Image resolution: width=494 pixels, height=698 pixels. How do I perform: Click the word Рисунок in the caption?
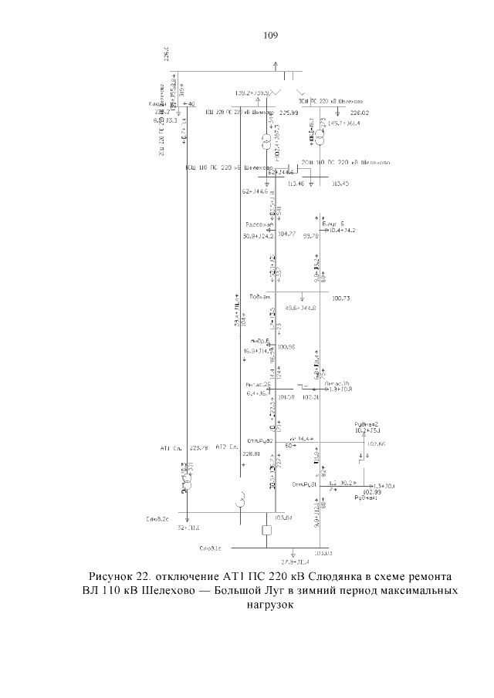point(117,577)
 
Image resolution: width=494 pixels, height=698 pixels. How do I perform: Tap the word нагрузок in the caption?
point(269,605)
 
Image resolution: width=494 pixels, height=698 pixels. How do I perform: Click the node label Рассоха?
point(255,224)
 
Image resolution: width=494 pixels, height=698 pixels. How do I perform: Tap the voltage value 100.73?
point(341,298)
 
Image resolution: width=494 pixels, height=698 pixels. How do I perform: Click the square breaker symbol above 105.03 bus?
point(268,531)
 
